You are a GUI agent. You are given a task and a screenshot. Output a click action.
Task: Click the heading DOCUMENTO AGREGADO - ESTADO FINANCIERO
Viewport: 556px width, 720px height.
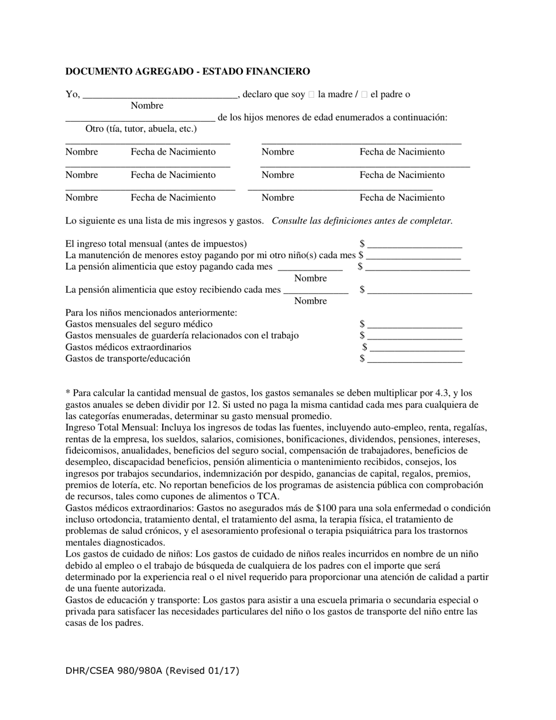[x=187, y=71]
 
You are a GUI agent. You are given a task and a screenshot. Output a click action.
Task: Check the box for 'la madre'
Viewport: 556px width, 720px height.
[x=311, y=94]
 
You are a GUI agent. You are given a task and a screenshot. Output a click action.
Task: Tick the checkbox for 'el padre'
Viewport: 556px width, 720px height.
[x=364, y=94]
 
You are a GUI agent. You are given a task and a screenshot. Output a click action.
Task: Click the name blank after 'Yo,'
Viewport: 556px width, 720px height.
[x=159, y=95]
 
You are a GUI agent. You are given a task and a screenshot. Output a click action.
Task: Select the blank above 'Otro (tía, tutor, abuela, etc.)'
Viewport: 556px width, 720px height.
[x=140, y=118]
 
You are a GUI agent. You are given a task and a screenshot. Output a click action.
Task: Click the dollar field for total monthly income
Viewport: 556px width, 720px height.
[x=414, y=244]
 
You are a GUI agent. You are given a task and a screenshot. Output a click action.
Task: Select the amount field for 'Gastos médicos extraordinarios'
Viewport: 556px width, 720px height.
[x=417, y=348]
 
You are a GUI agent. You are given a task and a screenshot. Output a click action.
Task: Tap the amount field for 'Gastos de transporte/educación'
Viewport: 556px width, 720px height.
[x=414, y=359]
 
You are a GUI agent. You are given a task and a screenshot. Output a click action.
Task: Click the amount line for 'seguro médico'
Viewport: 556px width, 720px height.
[x=414, y=325]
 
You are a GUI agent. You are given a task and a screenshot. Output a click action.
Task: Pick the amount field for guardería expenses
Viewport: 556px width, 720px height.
[x=414, y=336]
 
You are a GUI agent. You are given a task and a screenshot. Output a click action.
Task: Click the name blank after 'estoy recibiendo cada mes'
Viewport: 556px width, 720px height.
[x=315, y=290]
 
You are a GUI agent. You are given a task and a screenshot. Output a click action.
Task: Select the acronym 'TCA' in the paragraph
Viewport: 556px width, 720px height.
[x=268, y=496]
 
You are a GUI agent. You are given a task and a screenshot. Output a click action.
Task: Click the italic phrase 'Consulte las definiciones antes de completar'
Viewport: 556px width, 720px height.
[x=362, y=221]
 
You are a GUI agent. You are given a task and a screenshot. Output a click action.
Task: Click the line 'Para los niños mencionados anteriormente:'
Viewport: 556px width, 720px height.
[x=151, y=313]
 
